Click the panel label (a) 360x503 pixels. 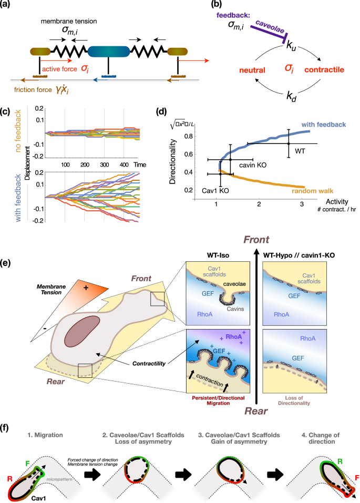coord(8,7)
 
